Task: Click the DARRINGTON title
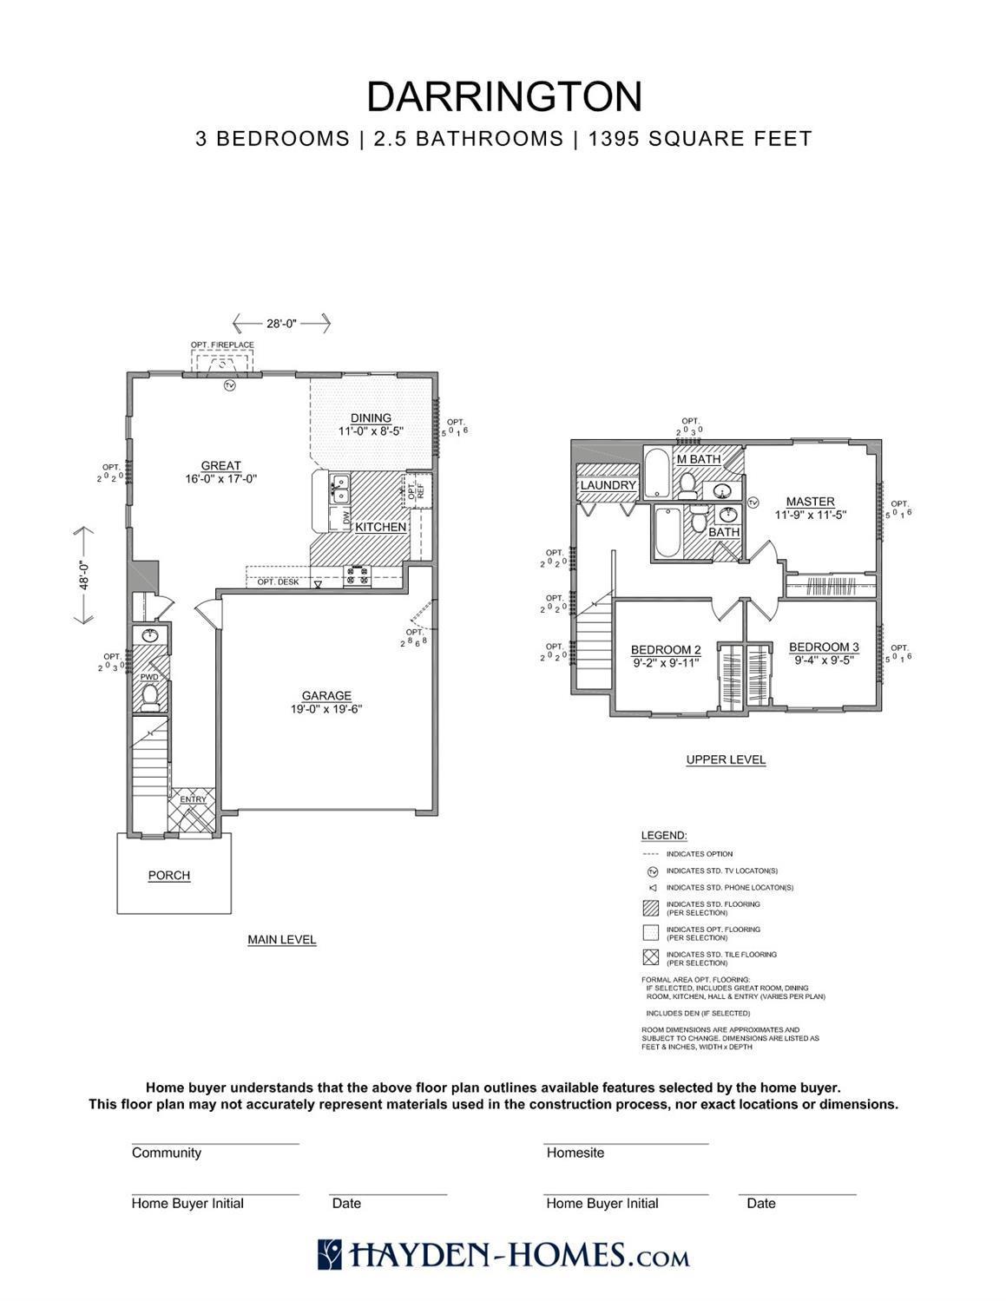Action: pos(503,96)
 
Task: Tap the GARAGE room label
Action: pos(326,695)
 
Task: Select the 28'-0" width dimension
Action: pos(281,324)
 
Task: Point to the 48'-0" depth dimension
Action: pos(85,575)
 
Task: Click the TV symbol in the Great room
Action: pos(230,385)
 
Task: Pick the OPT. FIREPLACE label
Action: pos(222,345)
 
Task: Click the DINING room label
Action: pos(371,417)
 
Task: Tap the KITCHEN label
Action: pos(380,527)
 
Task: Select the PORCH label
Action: pos(169,875)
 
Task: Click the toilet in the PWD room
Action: pos(151,696)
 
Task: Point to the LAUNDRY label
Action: pos(608,485)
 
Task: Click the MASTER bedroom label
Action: pos(810,502)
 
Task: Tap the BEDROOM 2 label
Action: pos(666,650)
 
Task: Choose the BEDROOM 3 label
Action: pos(824,647)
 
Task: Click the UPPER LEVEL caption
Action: pos(726,759)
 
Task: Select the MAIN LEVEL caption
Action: pos(281,939)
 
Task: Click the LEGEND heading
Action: pos(664,835)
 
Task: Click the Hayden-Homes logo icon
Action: pos(330,1255)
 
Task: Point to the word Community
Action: pos(167,1153)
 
